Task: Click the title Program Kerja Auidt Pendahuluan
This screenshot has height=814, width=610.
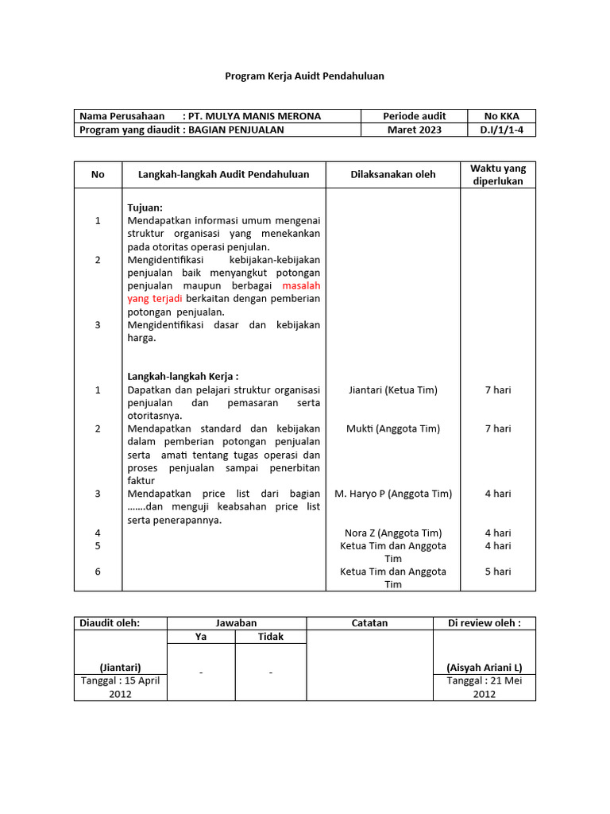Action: [304, 76]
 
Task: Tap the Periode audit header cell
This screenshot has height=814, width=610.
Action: [414, 116]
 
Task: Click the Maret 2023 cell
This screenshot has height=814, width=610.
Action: [414, 130]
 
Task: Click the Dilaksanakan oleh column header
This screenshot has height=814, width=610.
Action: [392, 174]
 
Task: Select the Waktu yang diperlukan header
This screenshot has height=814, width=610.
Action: [497, 174]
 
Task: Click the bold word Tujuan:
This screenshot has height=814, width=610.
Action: [145, 207]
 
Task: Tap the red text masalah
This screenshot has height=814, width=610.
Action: [301, 285]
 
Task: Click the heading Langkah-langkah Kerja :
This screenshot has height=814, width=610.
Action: [183, 376]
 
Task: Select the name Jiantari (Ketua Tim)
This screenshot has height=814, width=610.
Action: [392, 390]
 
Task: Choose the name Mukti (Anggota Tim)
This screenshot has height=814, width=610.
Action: [392, 428]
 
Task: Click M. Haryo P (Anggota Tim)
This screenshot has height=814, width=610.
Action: [392, 493]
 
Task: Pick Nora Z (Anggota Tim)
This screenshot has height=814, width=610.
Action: [392, 533]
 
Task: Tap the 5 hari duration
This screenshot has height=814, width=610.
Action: [497, 571]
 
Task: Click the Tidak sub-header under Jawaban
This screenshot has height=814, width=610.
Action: [270, 636]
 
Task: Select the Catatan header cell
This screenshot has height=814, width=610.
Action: [369, 623]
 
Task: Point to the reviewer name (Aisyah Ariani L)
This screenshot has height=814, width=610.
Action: [484, 667]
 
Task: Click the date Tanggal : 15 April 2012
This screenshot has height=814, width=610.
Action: [121, 687]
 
